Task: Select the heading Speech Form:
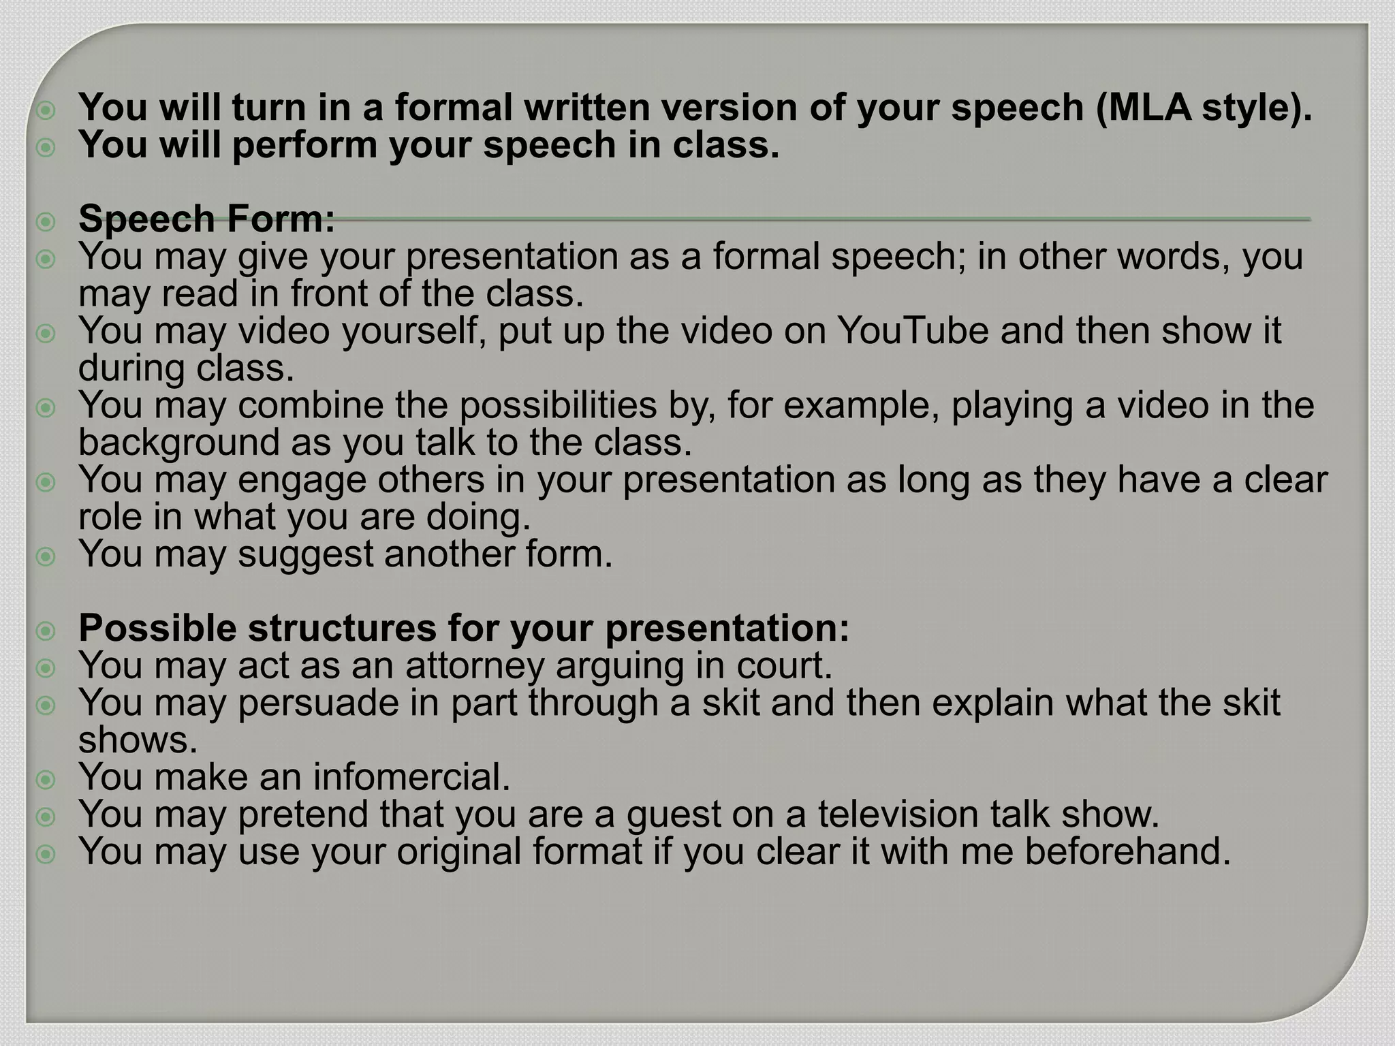pyautogui.click(x=207, y=219)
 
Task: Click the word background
pyautogui.click(x=178, y=443)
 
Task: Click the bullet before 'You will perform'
pyautogui.click(x=46, y=147)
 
